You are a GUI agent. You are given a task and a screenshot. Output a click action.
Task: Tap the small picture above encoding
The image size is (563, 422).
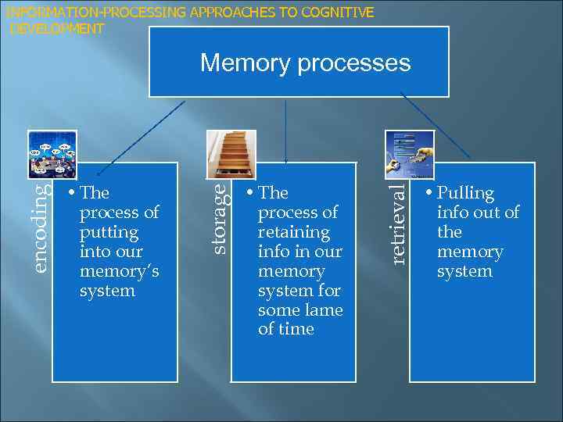[52, 154]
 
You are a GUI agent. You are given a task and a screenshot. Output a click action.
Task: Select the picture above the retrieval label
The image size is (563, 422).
[409, 154]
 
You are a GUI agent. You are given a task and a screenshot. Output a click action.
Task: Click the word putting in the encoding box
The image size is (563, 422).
[109, 232]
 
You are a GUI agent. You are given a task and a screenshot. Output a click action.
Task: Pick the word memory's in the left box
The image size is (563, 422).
[119, 271]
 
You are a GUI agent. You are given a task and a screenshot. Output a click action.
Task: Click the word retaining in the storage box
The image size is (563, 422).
[294, 232]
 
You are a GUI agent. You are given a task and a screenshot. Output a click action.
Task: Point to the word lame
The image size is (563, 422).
[325, 309]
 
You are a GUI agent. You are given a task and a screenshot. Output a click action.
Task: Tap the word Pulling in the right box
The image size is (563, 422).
[466, 193]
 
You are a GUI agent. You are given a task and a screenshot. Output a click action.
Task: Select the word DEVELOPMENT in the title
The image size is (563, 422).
[56, 29]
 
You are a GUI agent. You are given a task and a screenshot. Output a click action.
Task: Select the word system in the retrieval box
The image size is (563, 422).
[464, 271]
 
